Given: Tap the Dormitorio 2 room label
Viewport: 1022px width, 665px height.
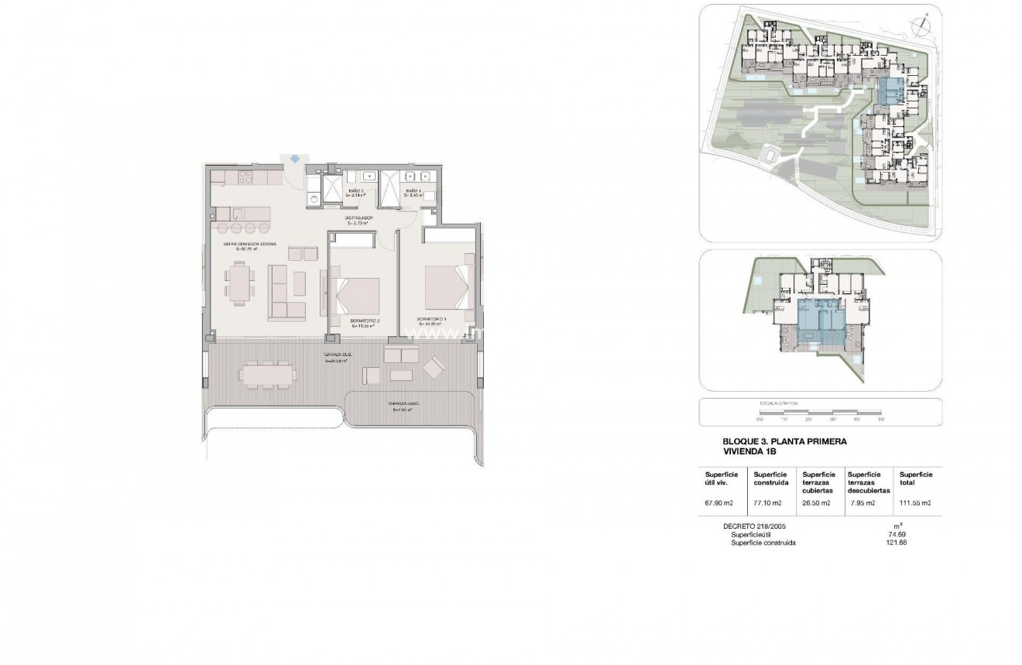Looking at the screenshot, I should pyautogui.click(x=364, y=323).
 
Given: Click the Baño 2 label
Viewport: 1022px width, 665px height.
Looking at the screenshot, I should pyautogui.click(x=356, y=193).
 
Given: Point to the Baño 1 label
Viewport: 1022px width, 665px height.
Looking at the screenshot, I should pyautogui.click(x=413, y=193).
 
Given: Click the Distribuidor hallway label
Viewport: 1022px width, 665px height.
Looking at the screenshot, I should pyautogui.click(x=360, y=220).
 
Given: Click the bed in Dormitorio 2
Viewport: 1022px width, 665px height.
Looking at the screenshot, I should pyautogui.click(x=355, y=295).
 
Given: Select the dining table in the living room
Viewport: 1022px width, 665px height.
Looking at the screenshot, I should pyautogui.click(x=239, y=281).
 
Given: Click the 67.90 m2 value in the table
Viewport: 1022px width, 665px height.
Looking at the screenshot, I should pyautogui.click(x=718, y=502).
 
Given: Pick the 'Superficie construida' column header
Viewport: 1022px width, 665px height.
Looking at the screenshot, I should pyautogui.click(x=771, y=478).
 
